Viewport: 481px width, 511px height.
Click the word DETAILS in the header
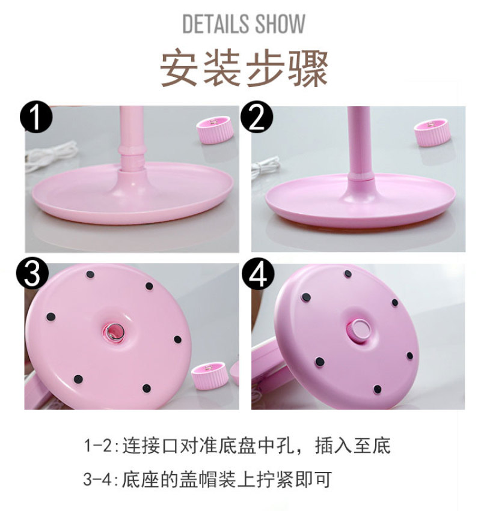216,23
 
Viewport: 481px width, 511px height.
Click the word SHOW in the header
280,23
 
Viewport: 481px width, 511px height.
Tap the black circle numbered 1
36,116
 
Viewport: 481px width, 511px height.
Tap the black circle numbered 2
257,116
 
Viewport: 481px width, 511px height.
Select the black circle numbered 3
32,274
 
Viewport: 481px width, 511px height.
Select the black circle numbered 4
258,274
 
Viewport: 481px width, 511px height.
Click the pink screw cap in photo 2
432,133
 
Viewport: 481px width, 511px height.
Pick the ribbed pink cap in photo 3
210,376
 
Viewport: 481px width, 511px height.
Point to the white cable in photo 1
51,157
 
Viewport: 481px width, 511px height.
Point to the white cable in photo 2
265,167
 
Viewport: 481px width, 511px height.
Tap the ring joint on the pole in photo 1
132,151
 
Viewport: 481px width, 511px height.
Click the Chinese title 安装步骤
244,67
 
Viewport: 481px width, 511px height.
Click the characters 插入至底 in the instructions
353,446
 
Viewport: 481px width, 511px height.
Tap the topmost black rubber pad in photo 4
348,274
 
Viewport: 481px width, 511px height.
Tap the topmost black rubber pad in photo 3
90,274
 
